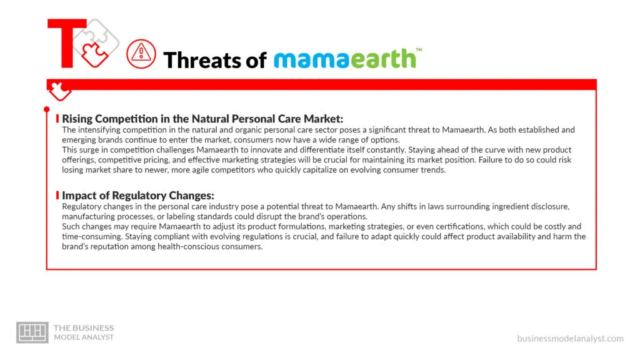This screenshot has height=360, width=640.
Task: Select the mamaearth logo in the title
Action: [344, 58]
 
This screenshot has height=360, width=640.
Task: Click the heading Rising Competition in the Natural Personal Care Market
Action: [202, 118]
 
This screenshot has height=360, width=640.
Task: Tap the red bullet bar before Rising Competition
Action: [57, 118]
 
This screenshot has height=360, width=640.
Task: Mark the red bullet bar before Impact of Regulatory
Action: [57, 196]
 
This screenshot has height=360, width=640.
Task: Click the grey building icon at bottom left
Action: [32, 332]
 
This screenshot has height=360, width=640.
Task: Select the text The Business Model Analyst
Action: [84, 332]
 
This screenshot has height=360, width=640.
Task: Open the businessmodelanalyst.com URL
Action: [570, 338]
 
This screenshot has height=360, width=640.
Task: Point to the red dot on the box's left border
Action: [47, 110]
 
